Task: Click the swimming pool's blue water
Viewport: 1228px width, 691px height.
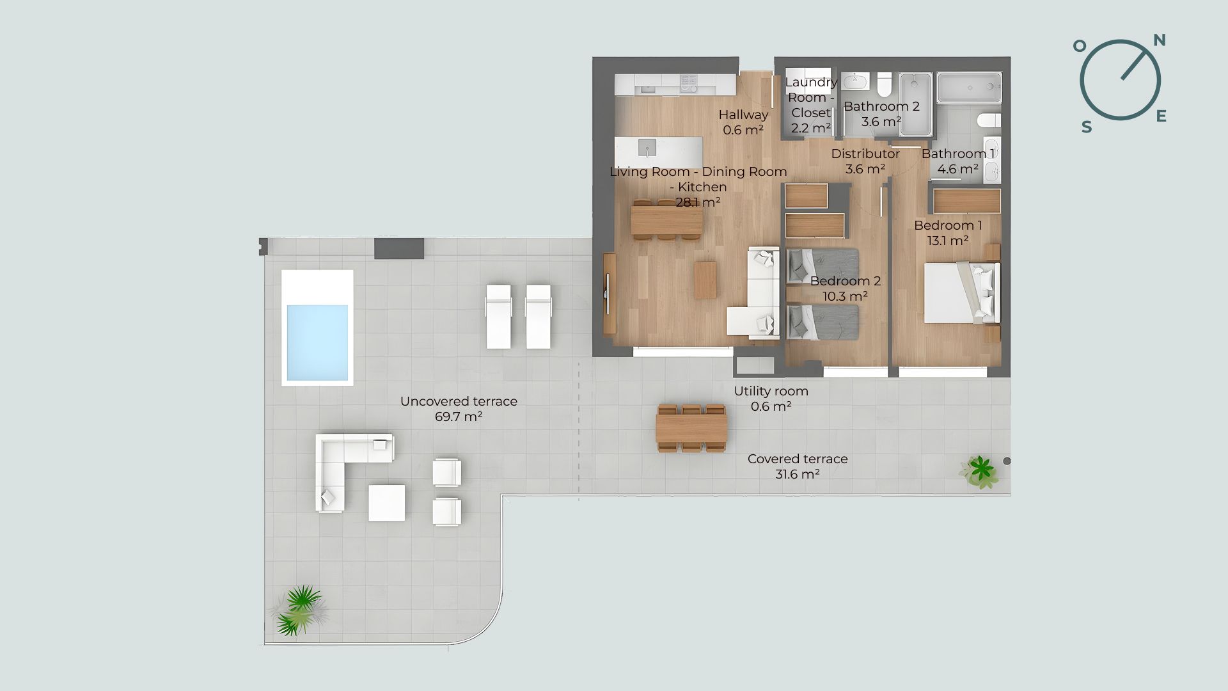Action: pos(317,342)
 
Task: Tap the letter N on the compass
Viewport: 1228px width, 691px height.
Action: pos(1159,40)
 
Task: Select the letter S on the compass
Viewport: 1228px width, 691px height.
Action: pos(1087,127)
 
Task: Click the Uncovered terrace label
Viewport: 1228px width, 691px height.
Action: pos(459,401)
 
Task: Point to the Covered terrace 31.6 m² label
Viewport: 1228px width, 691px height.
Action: pos(798,466)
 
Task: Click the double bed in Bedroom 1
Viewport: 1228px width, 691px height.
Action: pos(961,294)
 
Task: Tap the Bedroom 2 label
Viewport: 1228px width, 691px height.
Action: pos(846,281)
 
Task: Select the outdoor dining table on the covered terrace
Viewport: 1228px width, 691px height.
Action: pos(691,429)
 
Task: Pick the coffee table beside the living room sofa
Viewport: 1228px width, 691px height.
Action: pos(705,280)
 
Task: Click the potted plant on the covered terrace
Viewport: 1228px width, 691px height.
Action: pos(979,472)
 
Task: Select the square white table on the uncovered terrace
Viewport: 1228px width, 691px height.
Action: pos(386,502)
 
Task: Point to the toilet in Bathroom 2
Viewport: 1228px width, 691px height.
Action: pos(885,84)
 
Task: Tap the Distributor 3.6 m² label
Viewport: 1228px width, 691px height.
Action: pos(865,161)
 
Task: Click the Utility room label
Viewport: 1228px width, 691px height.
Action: pos(771,391)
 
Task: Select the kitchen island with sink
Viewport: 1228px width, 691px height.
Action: pos(659,152)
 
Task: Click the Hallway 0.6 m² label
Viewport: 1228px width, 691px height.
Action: pos(743,122)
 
